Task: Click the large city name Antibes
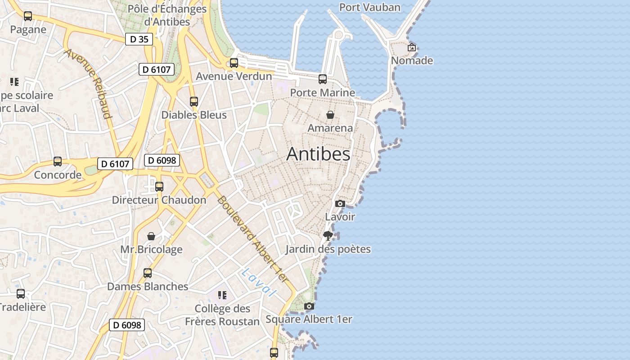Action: tap(318, 154)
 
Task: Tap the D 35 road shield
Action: tap(139, 39)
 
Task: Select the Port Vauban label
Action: tap(369, 7)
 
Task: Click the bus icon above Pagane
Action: tap(28, 16)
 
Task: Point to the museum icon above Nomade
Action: tap(412, 47)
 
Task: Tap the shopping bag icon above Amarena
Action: tap(330, 115)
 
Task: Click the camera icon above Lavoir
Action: tap(340, 203)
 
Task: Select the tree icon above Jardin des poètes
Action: tap(328, 235)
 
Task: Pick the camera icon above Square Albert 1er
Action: tap(309, 306)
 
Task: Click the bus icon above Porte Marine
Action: tap(323, 79)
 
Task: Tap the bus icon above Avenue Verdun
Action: tap(234, 63)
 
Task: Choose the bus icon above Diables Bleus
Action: tap(194, 102)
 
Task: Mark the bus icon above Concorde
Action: tap(58, 162)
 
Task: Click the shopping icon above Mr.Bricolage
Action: tap(151, 236)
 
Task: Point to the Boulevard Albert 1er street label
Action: tap(252, 239)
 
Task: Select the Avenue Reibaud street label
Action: tap(88, 84)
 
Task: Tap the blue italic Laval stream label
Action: tap(258, 283)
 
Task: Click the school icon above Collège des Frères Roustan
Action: tap(222, 295)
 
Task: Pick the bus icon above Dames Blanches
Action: tap(148, 273)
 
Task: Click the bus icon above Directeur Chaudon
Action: tap(159, 187)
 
